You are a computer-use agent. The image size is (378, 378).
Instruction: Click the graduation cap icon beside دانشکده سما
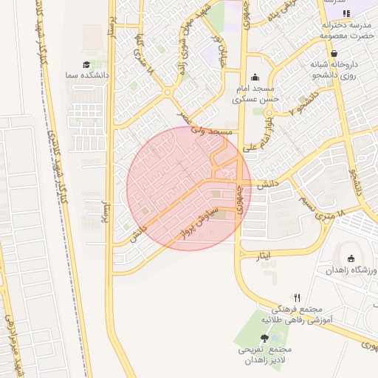86,66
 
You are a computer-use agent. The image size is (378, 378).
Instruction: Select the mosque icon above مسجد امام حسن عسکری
255,76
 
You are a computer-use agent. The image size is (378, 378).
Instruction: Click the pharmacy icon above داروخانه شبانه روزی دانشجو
334,54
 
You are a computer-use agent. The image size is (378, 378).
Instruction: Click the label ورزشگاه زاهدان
352,271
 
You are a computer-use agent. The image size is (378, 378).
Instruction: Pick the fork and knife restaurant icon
297,297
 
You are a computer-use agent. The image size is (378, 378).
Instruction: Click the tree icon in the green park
264,338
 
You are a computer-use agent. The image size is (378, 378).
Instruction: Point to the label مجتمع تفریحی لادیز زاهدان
266,354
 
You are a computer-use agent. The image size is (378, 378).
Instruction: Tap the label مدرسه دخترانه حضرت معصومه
346,28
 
